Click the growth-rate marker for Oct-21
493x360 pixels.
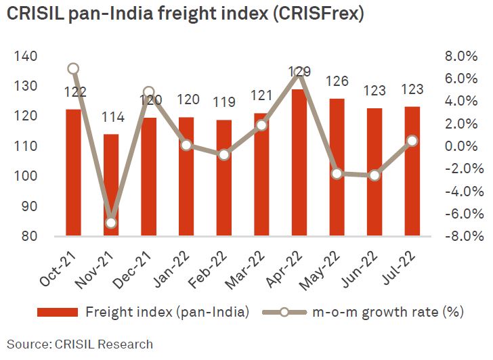[74, 68]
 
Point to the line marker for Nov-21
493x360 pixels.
[111, 223]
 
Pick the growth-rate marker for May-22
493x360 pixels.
[337, 174]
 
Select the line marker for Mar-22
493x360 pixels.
[262, 125]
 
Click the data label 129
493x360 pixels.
[299, 72]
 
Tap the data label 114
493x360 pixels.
[112, 118]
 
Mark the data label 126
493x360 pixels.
[337, 82]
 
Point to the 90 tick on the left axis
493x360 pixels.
[27, 206]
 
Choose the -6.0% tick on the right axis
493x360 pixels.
[465, 214]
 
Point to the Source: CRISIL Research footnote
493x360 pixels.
[80, 344]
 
